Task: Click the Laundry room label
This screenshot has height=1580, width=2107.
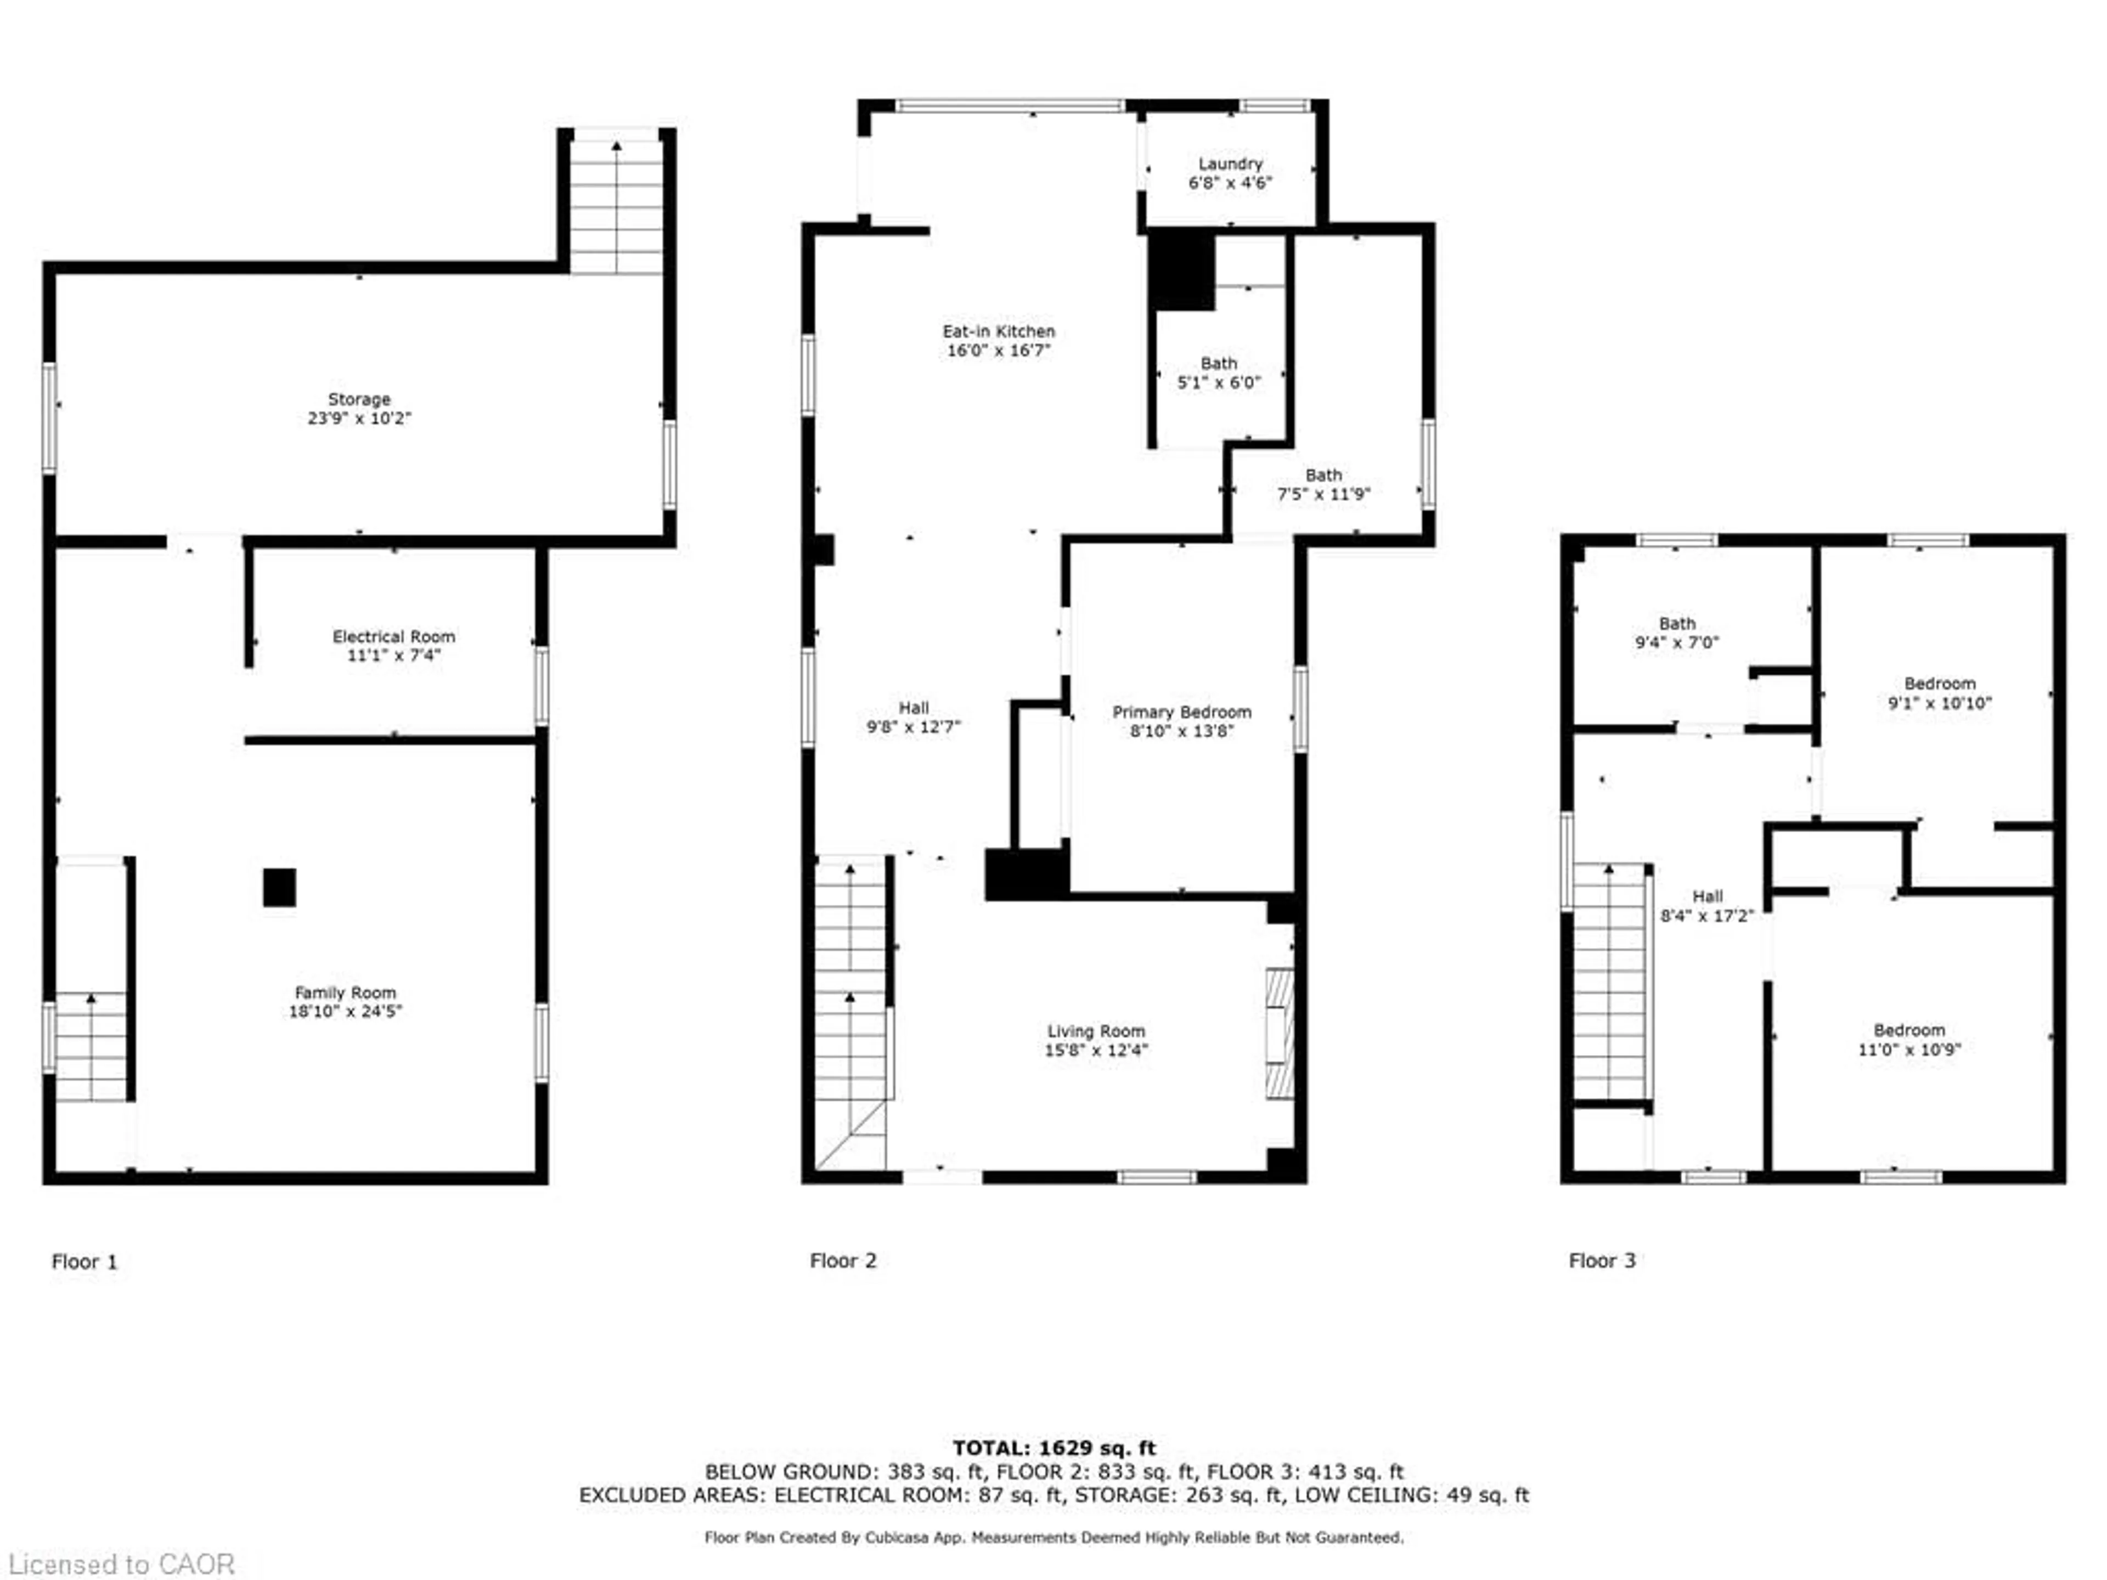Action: coord(1230,164)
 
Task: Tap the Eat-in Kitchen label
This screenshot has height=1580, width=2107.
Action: coord(998,331)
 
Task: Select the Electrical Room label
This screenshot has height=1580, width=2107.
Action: coord(393,636)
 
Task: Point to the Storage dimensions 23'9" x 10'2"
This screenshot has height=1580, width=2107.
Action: coord(359,418)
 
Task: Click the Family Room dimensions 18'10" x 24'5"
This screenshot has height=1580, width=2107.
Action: coord(346,1011)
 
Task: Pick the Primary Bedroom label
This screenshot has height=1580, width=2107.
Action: coord(1181,713)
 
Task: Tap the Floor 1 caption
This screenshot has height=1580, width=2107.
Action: coord(84,1262)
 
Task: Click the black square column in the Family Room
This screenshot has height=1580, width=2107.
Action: coord(279,888)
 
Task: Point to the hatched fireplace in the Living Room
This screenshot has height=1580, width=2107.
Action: coord(1279,1034)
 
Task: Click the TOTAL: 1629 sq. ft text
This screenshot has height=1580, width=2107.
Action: coord(1053,1448)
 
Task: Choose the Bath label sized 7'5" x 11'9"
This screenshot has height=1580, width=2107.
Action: coord(1323,475)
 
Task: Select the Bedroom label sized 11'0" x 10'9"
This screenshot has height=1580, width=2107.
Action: coord(1909,1030)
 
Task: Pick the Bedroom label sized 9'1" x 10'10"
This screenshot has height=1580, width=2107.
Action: coord(1939,684)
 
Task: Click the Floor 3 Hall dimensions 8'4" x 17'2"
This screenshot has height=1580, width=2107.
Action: coord(1707,916)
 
